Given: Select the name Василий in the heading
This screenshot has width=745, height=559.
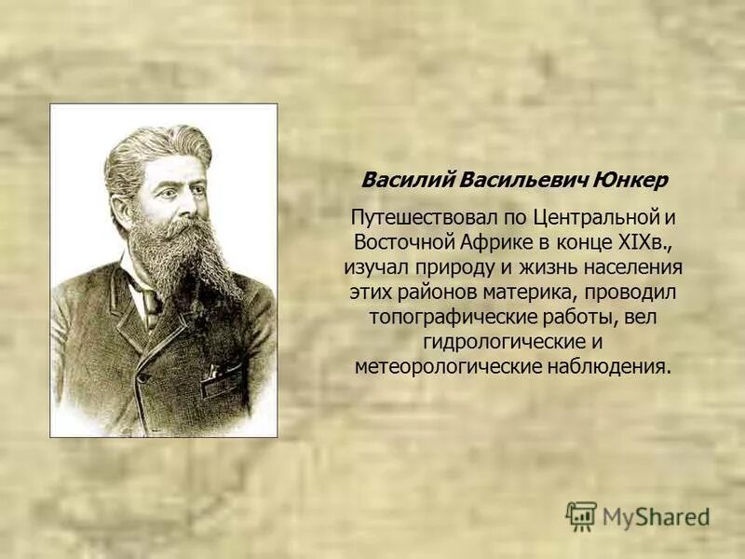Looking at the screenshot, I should tap(395, 179).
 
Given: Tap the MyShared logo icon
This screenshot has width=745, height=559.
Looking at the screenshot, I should tap(581, 515).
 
